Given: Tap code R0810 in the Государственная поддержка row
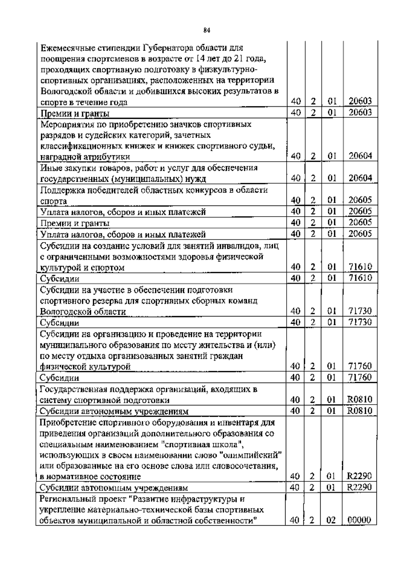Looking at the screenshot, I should (x=360, y=400).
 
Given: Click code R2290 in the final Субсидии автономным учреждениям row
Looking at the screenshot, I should (x=360, y=488).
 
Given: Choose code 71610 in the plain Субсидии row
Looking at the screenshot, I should (x=360, y=278).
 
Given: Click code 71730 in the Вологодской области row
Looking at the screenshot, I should (x=360, y=311).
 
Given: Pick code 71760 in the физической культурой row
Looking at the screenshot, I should (x=360, y=366).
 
